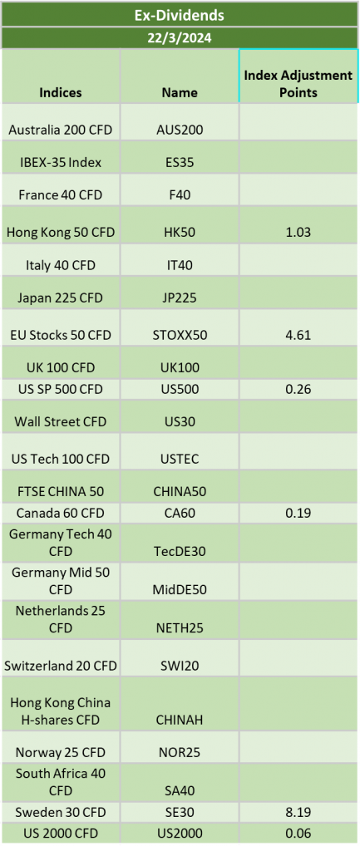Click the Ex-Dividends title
[180, 15]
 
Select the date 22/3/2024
[180, 38]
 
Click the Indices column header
[60, 92]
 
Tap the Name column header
[180, 92]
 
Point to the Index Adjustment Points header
[298, 84]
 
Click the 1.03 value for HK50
[298, 233]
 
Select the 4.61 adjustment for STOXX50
[298, 335]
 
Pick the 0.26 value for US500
[298, 389]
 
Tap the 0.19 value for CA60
[298, 513]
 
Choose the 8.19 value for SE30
[298, 812]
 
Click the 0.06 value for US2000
[298, 834]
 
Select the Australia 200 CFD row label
[60, 130]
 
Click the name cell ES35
[180, 162]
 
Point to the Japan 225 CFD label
[60, 298]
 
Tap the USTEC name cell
[180, 459]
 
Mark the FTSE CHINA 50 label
[60, 491]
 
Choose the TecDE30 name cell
[180, 552]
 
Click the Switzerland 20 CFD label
[60, 666]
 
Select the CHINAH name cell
[180, 721]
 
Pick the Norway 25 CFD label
[60, 752]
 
